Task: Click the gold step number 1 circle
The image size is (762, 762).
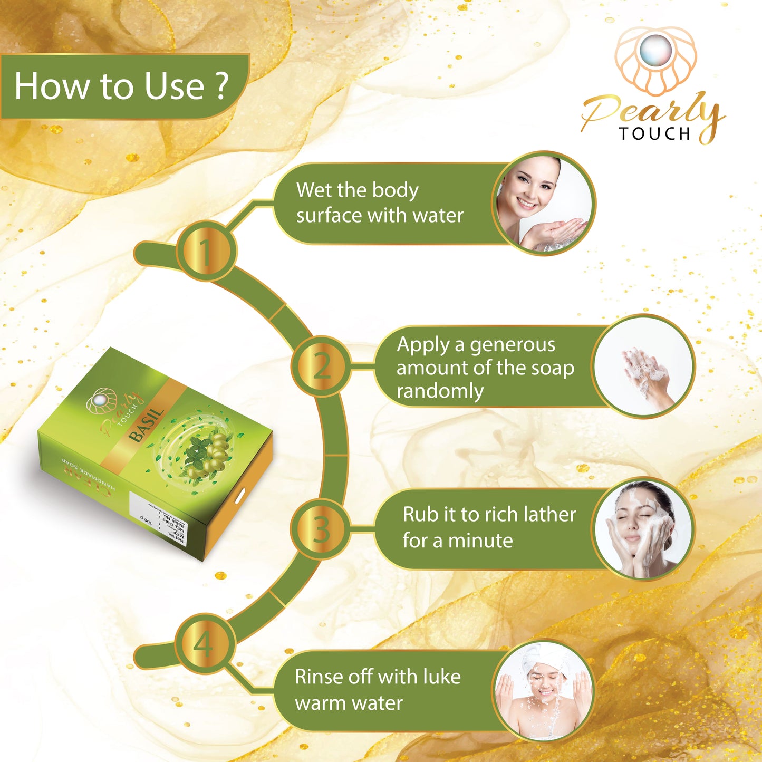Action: pyautogui.click(x=206, y=251)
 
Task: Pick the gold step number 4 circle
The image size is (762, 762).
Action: pyautogui.click(x=204, y=644)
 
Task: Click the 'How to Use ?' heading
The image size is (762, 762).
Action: pyautogui.click(x=121, y=86)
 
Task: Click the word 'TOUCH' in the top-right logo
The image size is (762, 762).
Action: pyautogui.click(x=654, y=134)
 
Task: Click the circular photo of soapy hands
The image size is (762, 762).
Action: pyautogui.click(x=643, y=367)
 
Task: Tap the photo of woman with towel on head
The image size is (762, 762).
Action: pyautogui.click(x=543, y=691)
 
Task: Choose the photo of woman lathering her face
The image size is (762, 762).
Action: pyautogui.click(x=642, y=529)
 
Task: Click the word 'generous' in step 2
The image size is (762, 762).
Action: pyautogui.click(x=512, y=345)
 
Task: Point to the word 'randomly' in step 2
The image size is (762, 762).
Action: pyautogui.click(x=440, y=391)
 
